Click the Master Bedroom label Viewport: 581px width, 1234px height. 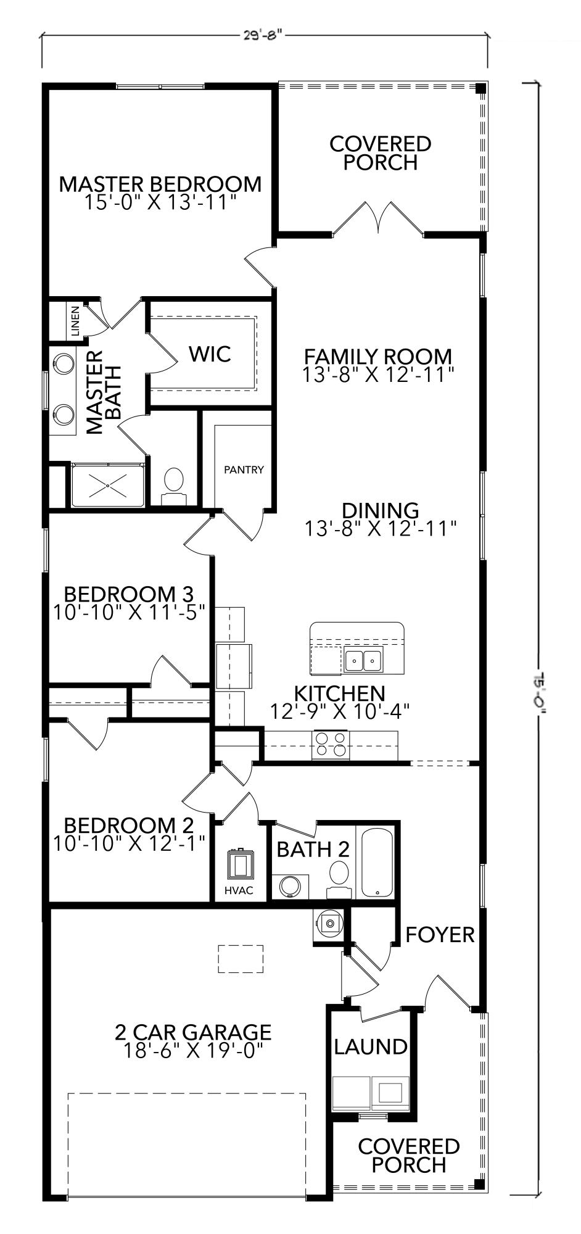click(160, 184)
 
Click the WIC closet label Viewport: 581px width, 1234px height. click(210, 354)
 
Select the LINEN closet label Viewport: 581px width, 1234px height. click(75, 321)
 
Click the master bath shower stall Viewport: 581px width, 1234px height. click(108, 486)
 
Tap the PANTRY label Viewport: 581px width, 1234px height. click(244, 470)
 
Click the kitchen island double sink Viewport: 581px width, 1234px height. click(363, 660)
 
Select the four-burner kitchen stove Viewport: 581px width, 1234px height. click(331, 744)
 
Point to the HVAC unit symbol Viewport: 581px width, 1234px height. click(241, 864)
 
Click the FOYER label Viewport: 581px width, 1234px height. click(440, 935)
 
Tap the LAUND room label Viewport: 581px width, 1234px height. click(371, 1047)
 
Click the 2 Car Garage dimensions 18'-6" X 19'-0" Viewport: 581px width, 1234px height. click(192, 1051)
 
